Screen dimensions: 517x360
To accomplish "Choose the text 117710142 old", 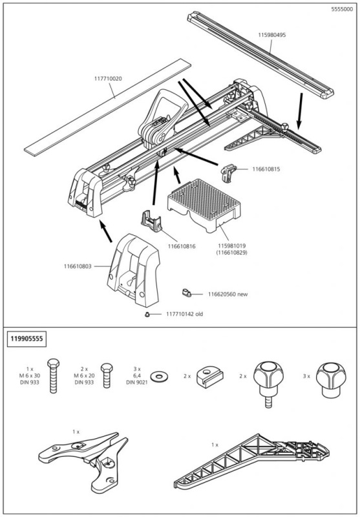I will coord(189,315).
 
